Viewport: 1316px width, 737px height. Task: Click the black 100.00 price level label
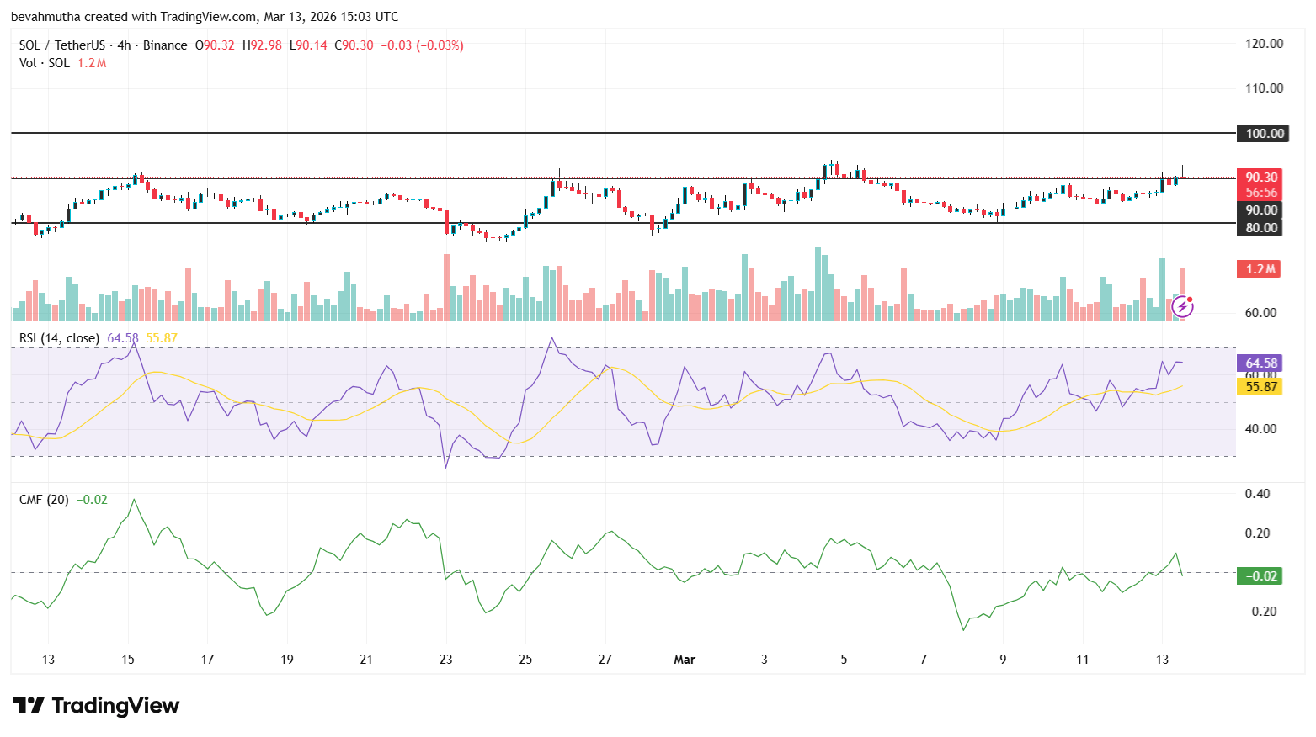(x=1261, y=133)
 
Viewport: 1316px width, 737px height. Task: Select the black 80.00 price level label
(x=1261, y=227)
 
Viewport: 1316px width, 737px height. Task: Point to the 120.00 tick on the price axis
(x=1264, y=44)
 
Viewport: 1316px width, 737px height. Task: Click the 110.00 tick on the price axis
(x=1264, y=88)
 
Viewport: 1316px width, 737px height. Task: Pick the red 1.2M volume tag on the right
(x=1260, y=269)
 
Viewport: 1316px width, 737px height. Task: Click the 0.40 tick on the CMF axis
(x=1257, y=494)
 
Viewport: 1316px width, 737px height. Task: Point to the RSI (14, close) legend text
(x=59, y=338)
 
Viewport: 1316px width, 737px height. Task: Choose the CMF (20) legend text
(x=44, y=500)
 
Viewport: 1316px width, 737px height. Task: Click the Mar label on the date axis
(x=685, y=660)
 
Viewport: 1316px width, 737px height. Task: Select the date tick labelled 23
(x=445, y=660)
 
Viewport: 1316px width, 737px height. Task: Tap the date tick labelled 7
(x=924, y=660)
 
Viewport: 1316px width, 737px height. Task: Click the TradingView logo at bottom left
(x=96, y=705)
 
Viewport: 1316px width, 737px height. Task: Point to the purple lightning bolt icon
(x=1182, y=306)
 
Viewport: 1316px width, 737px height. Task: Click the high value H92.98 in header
(x=262, y=45)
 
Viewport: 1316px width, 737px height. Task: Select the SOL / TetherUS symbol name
(x=62, y=45)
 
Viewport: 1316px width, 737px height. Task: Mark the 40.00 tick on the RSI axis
(x=1260, y=429)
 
